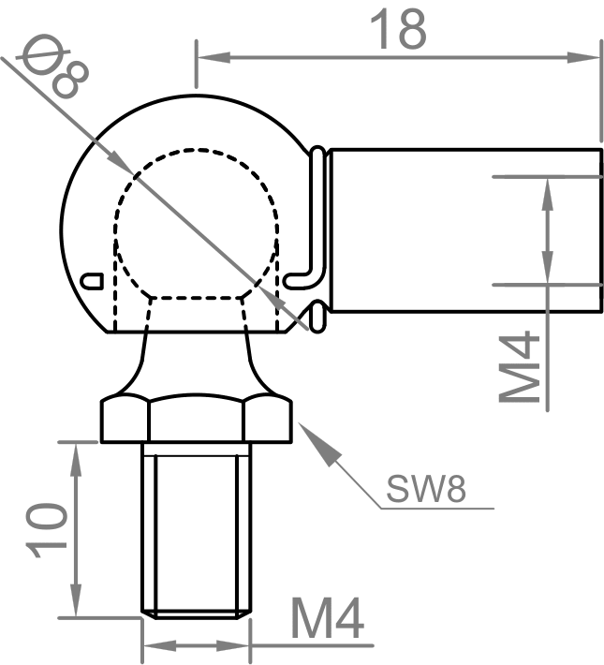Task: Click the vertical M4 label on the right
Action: [x=522, y=366]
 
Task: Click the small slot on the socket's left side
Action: [x=91, y=279]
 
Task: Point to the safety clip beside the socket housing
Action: [x=317, y=234]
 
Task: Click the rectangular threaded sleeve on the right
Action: [x=459, y=229]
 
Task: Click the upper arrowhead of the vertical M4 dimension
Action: [x=546, y=192]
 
